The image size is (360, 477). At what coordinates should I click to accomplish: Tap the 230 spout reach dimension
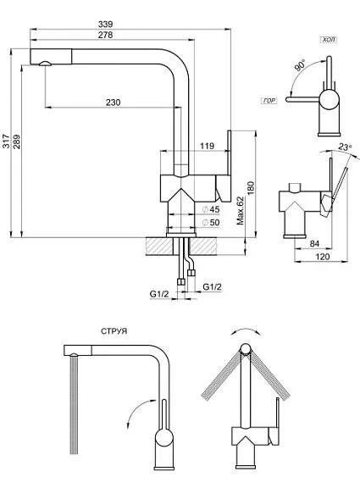[x=112, y=103]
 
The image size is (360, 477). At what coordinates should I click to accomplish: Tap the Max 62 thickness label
[x=241, y=210]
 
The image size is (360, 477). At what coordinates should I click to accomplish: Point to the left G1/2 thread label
[x=159, y=293]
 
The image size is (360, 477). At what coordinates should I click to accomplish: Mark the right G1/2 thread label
[x=213, y=287]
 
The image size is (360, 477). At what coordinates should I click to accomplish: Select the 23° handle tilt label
[x=344, y=147]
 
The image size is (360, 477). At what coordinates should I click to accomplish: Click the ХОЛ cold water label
[x=329, y=40]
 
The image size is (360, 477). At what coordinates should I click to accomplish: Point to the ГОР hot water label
[x=269, y=100]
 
